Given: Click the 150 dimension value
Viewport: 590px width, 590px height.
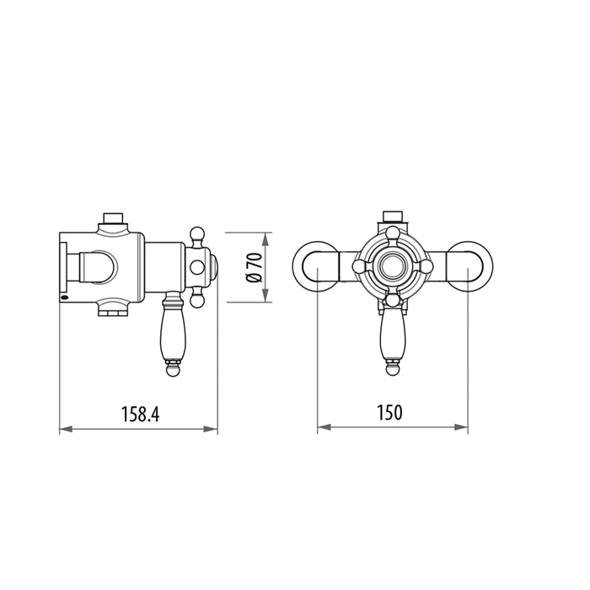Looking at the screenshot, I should coord(390,412).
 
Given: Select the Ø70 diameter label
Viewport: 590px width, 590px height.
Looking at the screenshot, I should coord(253,267).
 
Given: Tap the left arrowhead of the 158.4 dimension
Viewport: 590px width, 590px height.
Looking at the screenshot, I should coord(64,429).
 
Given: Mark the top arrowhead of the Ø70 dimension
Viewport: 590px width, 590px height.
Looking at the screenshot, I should coord(266,237).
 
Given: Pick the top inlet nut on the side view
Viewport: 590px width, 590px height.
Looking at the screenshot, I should coord(112,222).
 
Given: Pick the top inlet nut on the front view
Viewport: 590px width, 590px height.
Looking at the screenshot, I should coord(392,217).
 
